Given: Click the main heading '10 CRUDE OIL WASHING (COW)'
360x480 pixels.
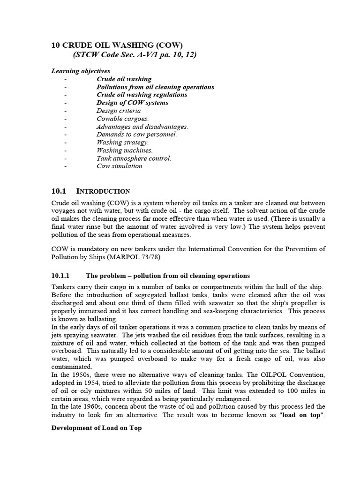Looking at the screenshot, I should click(x=116, y=45).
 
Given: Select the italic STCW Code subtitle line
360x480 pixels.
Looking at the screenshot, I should click(x=135, y=55).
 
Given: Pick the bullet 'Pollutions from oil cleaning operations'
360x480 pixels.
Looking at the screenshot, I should click(x=155, y=87).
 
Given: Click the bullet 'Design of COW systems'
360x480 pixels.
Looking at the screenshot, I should click(x=132, y=103).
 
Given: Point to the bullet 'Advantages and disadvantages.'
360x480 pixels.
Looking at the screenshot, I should click(x=142, y=127).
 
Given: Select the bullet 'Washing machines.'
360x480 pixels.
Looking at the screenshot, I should click(x=125, y=150).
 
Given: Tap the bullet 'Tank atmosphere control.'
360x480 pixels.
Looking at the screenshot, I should click(x=134, y=158).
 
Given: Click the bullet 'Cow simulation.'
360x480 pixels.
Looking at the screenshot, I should click(x=120, y=166).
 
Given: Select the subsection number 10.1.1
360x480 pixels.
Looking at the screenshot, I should click(x=60, y=276).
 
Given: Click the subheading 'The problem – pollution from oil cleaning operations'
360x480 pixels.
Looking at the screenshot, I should click(x=168, y=276).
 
